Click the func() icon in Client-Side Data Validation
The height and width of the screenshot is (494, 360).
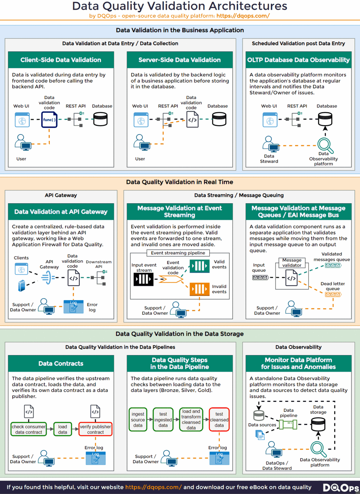click(x=49, y=120)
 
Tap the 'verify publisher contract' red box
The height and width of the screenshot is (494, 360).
click(x=95, y=429)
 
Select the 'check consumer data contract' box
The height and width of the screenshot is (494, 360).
click(x=29, y=429)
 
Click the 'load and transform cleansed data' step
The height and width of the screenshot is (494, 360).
click(x=191, y=419)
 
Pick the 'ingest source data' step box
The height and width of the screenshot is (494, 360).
click(x=138, y=419)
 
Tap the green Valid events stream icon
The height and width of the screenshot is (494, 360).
click(x=199, y=266)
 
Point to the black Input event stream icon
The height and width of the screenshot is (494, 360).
click(x=143, y=279)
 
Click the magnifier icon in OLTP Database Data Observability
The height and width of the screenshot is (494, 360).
click(x=325, y=145)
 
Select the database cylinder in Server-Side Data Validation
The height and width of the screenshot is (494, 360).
click(x=219, y=119)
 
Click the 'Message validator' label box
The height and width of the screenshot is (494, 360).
click(x=292, y=263)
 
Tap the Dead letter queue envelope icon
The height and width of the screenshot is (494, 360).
click(x=333, y=294)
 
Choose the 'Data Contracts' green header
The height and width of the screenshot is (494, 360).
click(x=61, y=363)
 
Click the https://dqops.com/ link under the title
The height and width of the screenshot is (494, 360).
click(x=243, y=16)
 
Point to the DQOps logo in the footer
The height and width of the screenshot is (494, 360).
click(x=340, y=488)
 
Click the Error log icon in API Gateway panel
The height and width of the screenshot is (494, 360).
click(x=73, y=307)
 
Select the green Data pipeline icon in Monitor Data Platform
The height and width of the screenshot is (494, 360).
click(x=288, y=424)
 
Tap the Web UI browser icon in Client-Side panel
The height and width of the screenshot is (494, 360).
click(x=22, y=120)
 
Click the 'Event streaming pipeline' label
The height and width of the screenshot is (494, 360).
click(x=178, y=253)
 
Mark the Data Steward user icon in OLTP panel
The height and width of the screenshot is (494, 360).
click(x=271, y=144)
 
